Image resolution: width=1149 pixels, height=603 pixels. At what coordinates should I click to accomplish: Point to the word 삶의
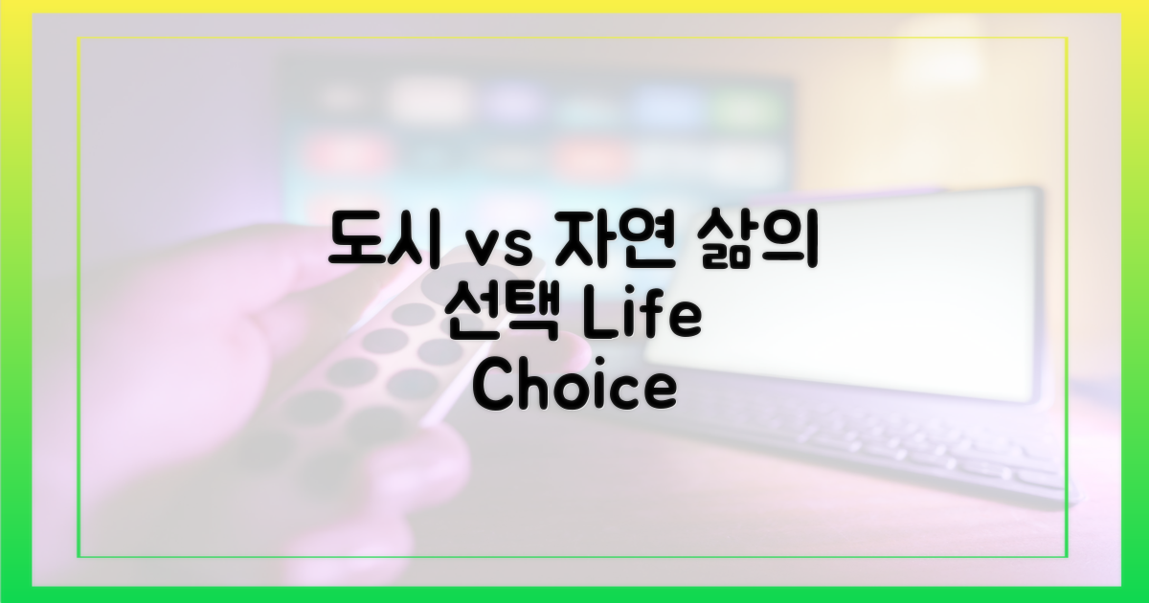coord(756,242)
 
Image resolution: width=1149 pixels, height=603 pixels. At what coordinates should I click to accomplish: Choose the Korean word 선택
coord(503,316)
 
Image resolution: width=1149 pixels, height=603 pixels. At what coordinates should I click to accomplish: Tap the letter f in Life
coord(655,315)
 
